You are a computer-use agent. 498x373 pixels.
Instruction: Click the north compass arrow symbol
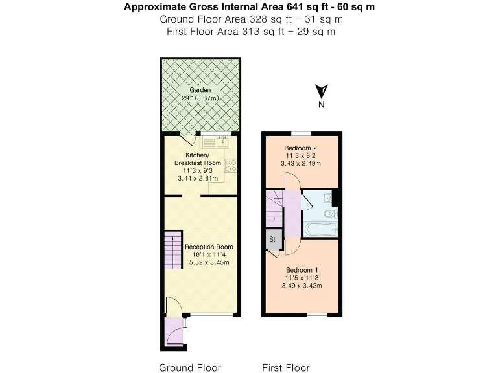tap(321, 93)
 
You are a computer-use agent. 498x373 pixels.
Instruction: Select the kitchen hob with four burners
tap(231, 165)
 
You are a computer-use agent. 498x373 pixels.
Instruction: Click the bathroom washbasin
tap(328, 198)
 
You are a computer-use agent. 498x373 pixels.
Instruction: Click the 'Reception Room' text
tap(209, 247)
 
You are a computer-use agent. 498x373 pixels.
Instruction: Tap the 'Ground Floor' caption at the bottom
tap(190, 367)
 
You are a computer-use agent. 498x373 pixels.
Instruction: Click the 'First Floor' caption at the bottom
tap(285, 367)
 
